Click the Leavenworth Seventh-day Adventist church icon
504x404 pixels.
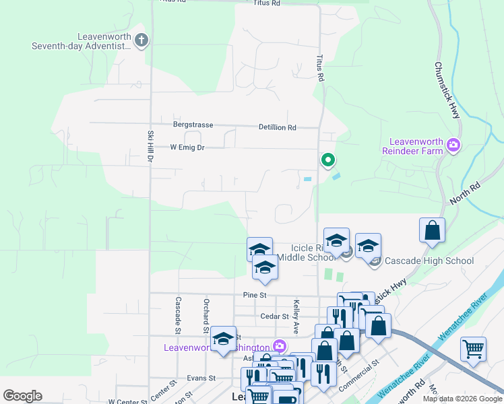(141, 40)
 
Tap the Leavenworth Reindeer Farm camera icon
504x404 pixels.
(453, 145)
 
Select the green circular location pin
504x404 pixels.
(327, 160)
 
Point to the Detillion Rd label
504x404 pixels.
(278, 127)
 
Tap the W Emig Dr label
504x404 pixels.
(187, 147)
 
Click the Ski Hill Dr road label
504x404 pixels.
(150, 145)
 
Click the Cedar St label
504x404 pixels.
(275, 316)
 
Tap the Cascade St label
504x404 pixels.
(179, 315)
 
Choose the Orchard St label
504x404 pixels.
(205, 315)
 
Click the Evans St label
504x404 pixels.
(201, 378)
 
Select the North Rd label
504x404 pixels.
(465, 194)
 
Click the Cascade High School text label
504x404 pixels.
(429, 261)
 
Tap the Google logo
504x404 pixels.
(22, 396)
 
